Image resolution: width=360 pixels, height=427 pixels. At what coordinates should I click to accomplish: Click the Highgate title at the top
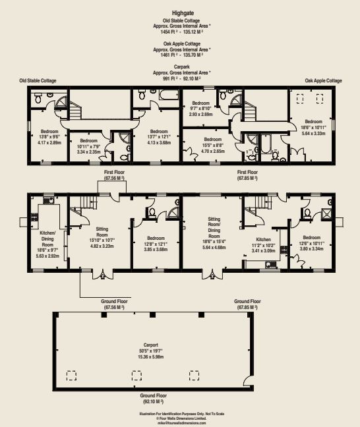coord(181,12)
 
